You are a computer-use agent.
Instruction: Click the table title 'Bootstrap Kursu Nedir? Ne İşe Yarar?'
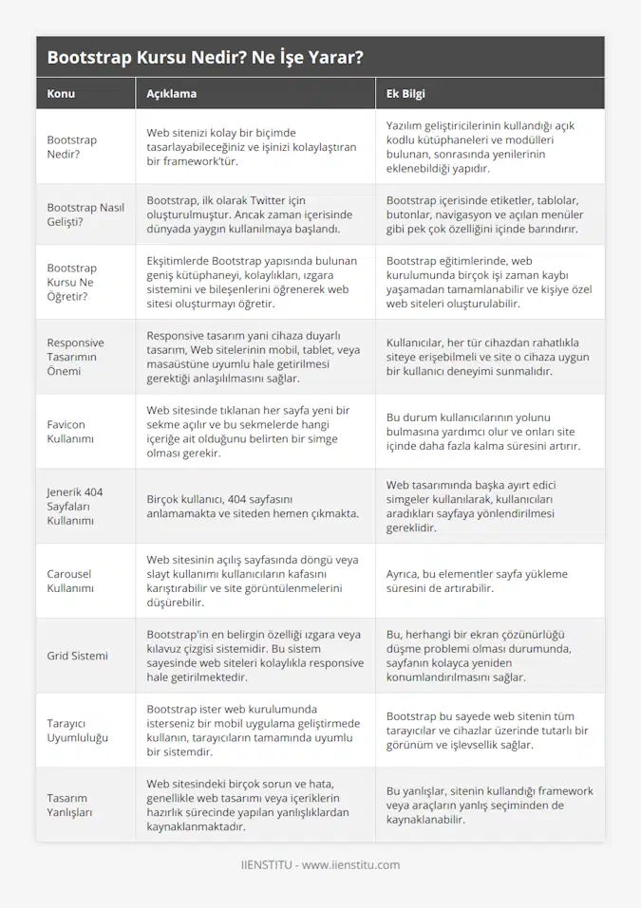point(204,57)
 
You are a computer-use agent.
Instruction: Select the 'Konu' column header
point(61,94)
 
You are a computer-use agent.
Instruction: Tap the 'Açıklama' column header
point(172,94)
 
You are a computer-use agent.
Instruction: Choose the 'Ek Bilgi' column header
point(405,94)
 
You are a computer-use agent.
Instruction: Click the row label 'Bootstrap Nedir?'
point(72,147)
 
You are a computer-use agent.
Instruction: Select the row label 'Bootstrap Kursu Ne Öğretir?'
point(72,283)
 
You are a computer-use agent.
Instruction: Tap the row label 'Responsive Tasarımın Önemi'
point(76,357)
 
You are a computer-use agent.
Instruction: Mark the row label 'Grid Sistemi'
point(78,656)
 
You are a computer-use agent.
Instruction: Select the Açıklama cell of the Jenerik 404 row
point(252,506)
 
